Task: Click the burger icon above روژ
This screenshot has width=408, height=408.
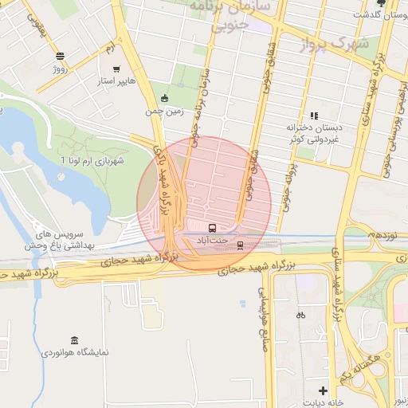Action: tap(61, 55)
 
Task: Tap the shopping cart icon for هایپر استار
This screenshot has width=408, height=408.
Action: tap(117, 69)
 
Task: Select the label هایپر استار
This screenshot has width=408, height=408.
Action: tap(117, 81)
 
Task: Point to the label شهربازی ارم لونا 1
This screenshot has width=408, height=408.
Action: tap(92, 161)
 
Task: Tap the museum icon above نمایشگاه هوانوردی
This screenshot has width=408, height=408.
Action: tap(74, 340)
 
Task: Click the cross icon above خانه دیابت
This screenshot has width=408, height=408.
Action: tap(322, 390)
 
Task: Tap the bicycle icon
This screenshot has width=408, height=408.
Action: tap(300, 315)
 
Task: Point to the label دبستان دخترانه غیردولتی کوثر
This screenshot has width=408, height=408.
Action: tap(313, 132)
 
